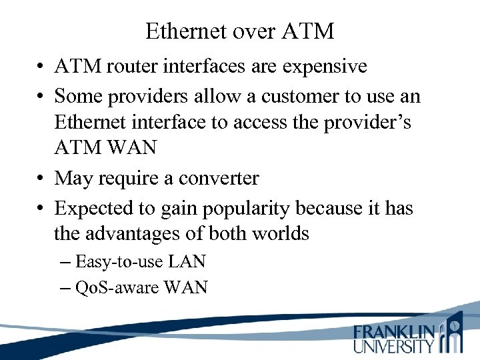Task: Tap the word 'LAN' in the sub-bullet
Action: coord(187,261)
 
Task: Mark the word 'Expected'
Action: coord(97,208)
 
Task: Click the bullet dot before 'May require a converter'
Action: coord(41,179)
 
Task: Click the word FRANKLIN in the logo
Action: coord(394,332)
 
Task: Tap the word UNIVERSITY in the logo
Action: coord(394,345)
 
